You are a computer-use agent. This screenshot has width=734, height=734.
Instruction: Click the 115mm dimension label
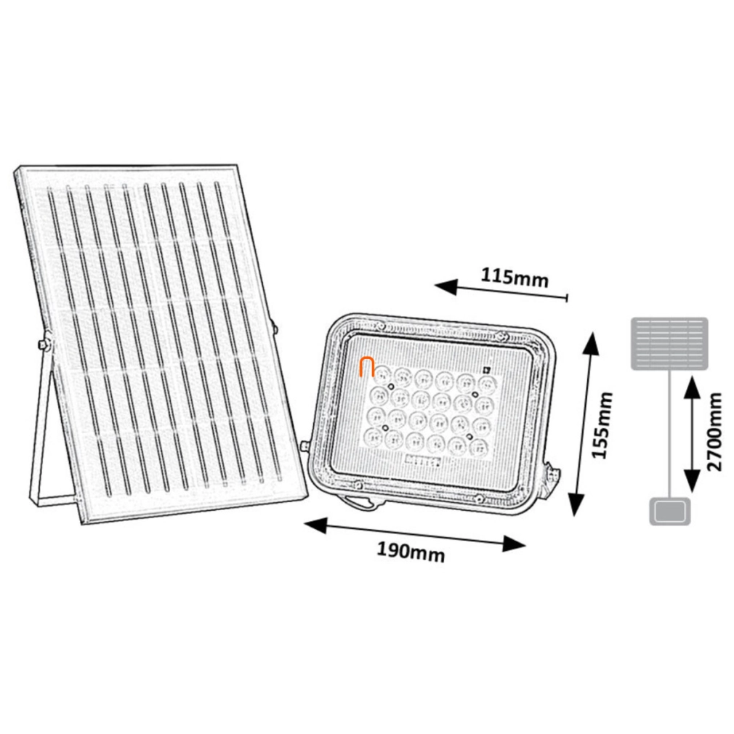click(515, 278)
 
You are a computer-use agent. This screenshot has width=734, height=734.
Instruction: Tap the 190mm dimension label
click(411, 552)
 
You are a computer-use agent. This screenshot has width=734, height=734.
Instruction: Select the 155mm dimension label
click(602, 426)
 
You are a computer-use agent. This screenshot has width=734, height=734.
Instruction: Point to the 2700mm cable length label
click(715, 432)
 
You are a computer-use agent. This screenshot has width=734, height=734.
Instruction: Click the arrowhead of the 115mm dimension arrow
click(445, 286)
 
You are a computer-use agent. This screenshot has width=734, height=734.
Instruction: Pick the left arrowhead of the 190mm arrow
click(316, 525)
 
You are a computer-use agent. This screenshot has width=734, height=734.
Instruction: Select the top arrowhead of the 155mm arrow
click(590, 343)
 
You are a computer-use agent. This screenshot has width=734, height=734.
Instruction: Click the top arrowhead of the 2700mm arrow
click(692, 389)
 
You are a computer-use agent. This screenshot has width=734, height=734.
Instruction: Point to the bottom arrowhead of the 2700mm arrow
click(692, 481)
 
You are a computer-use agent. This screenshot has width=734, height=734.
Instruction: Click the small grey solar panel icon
click(669, 344)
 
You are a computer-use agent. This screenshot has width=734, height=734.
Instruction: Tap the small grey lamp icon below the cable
click(670, 512)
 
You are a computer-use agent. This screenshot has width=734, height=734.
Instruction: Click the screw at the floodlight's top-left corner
click(381, 324)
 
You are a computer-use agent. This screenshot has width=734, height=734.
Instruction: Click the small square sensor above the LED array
click(487, 369)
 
